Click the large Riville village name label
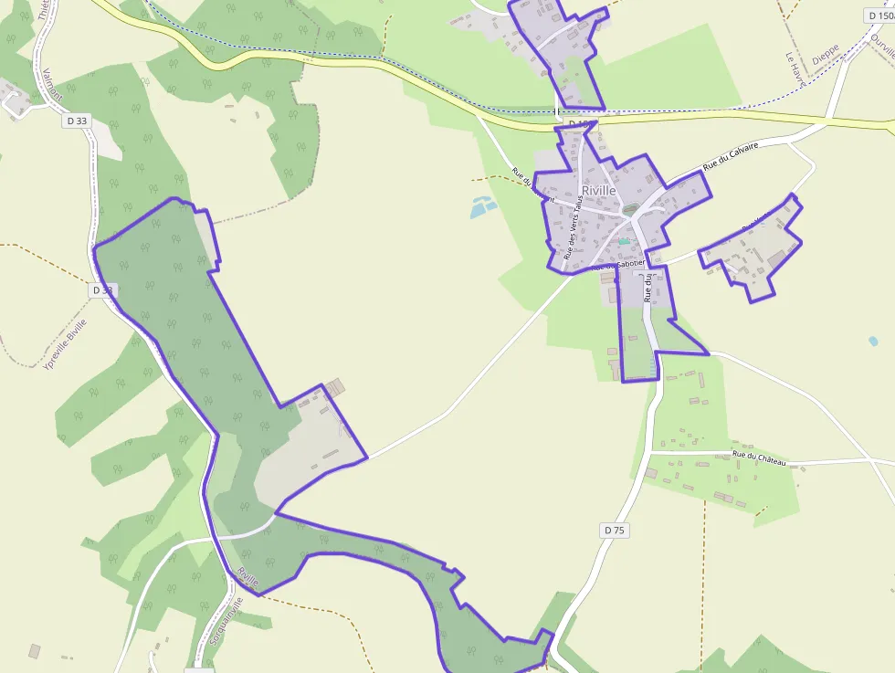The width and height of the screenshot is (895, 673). tap(598, 190)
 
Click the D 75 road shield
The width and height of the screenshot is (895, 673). tap(616, 530)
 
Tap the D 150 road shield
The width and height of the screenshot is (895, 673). tap(879, 16)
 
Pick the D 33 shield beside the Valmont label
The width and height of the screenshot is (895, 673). tap(77, 120)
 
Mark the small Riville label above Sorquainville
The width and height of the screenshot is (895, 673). tap(247, 577)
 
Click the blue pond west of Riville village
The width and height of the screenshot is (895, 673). tap(483, 207)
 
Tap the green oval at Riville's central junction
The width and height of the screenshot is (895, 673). tap(630, 211)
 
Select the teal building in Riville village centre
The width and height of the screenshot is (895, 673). tap(624, 241)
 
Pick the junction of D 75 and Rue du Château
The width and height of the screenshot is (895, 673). tap(650, 451)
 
